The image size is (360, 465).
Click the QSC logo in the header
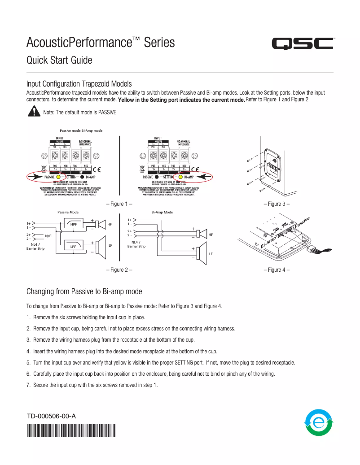(x=303, y=44)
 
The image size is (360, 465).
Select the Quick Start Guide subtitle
(x=59, y=60)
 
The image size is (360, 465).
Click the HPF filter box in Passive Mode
(x=73, y=224)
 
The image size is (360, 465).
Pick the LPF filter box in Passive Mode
(x=73, y=246)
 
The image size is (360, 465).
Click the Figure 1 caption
(x=119, y=204)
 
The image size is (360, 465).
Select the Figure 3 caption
(x=277, y=204)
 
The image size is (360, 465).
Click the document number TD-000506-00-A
(x=51, y=416)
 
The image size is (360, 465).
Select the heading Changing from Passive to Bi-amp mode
(x=84, y=291)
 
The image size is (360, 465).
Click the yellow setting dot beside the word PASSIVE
(x=58, y=177)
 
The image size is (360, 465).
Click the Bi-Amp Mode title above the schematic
(x=162, y=212)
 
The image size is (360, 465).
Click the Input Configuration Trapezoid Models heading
(x=79, y=83)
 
